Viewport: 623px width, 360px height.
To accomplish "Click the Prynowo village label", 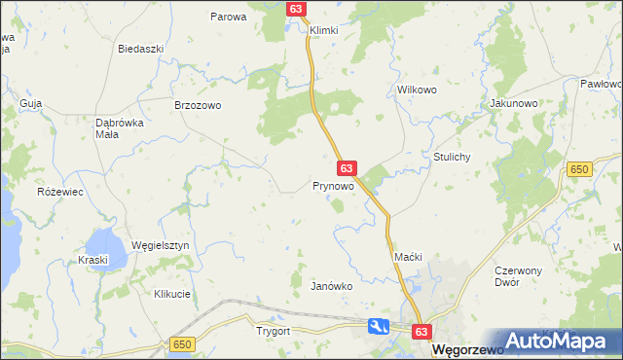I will [332, 186].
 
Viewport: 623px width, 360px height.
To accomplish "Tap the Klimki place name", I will [323, 30].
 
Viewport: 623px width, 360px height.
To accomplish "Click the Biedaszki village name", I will [138, 49].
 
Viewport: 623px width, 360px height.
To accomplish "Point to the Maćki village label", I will [407, 256].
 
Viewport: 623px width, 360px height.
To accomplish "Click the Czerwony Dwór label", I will [524, 275].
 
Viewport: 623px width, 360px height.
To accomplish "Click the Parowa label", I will [229, 17].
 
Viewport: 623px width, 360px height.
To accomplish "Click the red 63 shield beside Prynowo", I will [348, 168].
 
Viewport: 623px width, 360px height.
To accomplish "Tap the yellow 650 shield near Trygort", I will [181, 344].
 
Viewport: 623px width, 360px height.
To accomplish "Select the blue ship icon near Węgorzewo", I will [380, 328].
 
